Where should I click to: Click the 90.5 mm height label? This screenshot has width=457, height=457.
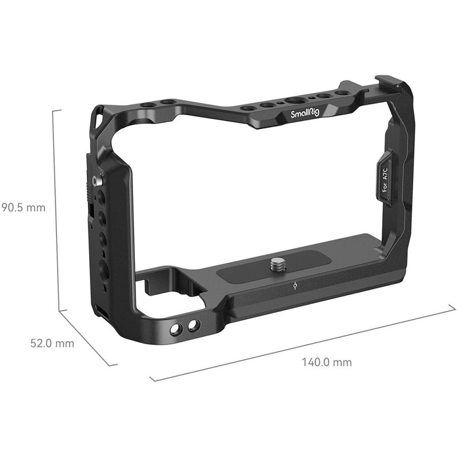point(23,207)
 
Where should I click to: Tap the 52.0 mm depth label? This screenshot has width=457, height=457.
point(52,343)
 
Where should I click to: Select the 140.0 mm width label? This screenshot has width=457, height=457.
point(327,362)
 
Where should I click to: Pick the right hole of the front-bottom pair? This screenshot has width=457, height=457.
point(193,325)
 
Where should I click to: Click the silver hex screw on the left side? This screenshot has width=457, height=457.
point(95,181)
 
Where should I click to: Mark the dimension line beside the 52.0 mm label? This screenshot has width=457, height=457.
point(86,337)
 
